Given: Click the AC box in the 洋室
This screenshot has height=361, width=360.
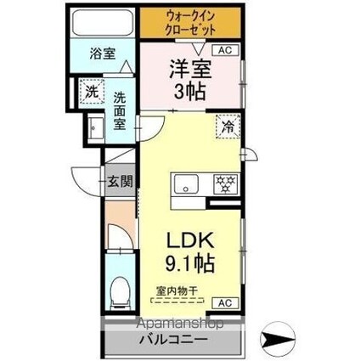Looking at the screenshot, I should pos(225,51).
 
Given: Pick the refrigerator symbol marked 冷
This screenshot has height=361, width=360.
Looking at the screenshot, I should pos(228,127).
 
